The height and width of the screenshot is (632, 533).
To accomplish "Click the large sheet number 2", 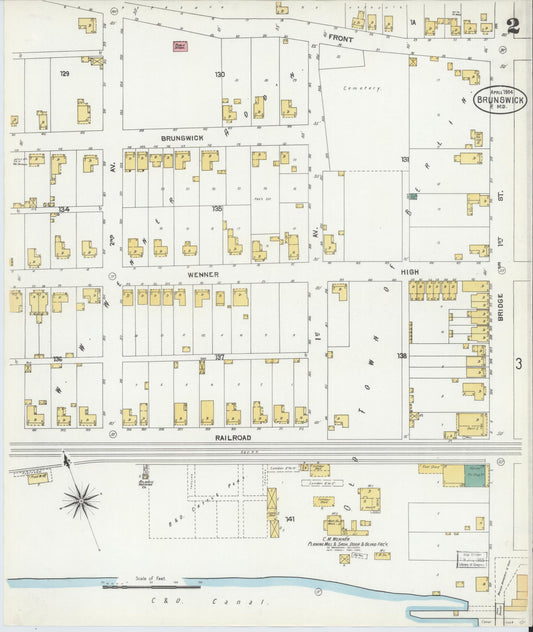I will pyautogui.click(x=512, y=26).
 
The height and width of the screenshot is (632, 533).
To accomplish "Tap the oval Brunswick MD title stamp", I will pyautogui.click(x=500, y=98).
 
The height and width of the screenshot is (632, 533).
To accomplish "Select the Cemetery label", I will pyautogui.click(x=362, y=87).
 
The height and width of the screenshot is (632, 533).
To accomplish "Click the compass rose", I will pyautogui.click(x=80, y=497).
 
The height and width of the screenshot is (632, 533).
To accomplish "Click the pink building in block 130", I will pyautogui.click(x=181, y=46).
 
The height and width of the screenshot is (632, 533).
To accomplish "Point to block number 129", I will pyautogui.click(x=64, y=74).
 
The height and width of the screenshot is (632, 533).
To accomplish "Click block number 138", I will pyautogui.click(x=402, y=356).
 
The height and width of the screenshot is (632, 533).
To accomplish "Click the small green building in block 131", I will pyautogui.click(x=411, y=195).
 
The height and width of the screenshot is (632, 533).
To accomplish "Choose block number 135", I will pyautogui.click(x=217, y=209).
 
